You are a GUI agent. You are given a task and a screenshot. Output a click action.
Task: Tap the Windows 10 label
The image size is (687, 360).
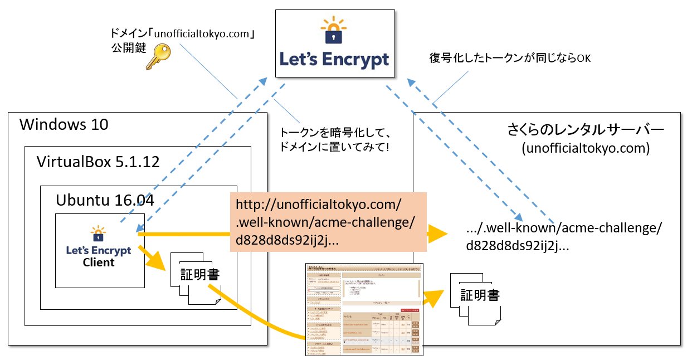[64, 124]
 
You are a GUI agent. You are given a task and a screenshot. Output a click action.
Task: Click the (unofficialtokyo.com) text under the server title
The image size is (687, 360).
[585, 149]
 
